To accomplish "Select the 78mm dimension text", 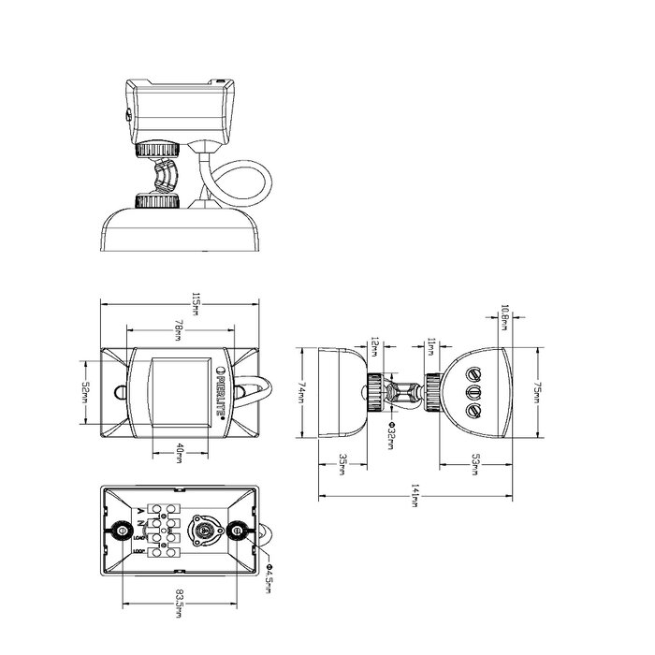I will (x=179, y=331).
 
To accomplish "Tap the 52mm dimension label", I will (x=83, y=393).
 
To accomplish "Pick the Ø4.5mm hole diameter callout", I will (x=269, y=574).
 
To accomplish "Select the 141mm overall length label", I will (x=415, y=498).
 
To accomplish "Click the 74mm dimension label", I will (x=303, y=393).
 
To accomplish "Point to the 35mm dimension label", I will (x=342, y=462).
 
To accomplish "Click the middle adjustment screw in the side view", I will (x=473, y=391).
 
